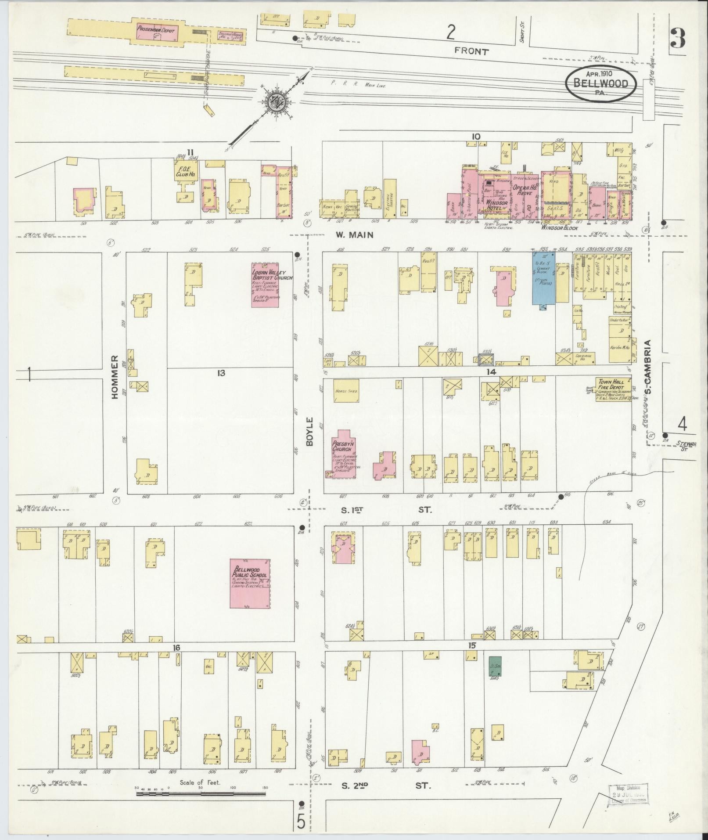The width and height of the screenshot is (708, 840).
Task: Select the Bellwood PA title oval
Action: coord(600,83)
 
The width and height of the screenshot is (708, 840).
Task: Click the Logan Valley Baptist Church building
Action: coord(266,285)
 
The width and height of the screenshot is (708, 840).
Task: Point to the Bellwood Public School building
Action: coord(250,584)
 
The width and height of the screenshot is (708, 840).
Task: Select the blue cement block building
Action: coord(543,278)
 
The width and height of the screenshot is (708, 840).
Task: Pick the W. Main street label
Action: coord(354,235)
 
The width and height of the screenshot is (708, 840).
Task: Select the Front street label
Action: coord(471,51)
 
